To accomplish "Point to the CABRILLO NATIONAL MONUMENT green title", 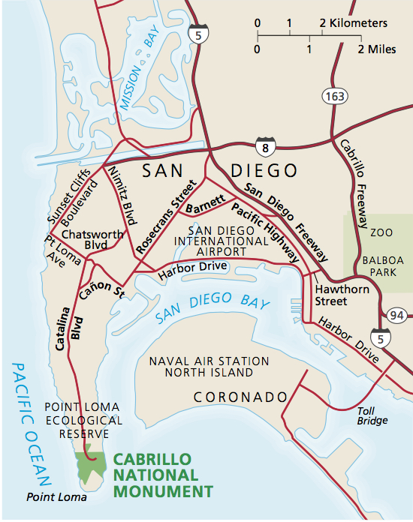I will [x=162, y=475].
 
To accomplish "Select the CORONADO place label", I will [x=240, y=396].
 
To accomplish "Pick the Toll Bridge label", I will [x=372, y=415].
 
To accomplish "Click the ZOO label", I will [x=381, y=232].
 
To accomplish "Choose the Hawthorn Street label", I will [x=331, y=295].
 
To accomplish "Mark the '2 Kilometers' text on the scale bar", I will [x=354, y=23].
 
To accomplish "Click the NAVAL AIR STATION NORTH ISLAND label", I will [x=208, y=366].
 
